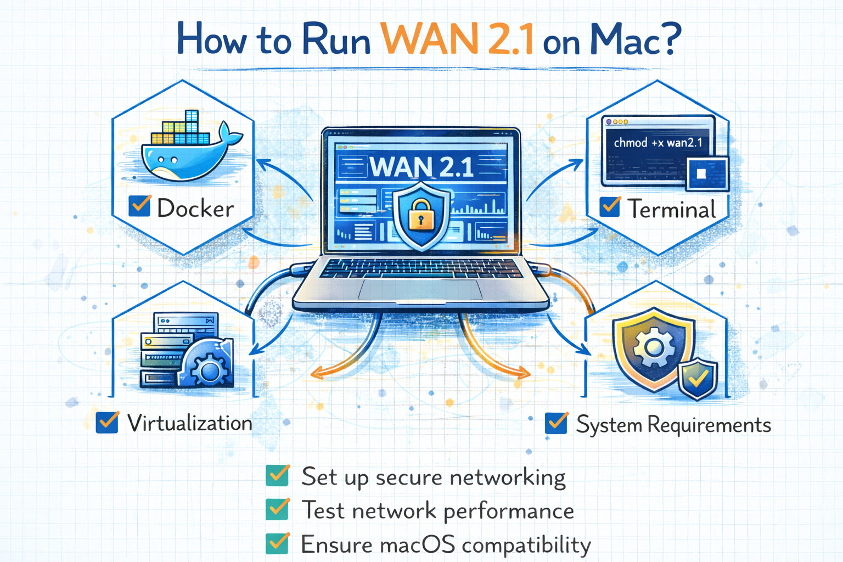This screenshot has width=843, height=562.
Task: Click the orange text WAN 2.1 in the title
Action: click(457, 40)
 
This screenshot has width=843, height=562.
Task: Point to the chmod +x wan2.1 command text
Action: click(657, 143)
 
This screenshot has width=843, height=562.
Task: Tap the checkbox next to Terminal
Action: click(610, 207)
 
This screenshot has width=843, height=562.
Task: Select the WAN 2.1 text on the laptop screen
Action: click(421, 167)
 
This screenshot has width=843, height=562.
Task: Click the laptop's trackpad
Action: click(420, 289)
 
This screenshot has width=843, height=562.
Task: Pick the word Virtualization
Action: click(189, 423)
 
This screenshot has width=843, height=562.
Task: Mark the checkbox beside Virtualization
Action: click(107, 423)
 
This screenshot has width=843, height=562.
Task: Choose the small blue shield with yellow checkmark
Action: click(698, 378)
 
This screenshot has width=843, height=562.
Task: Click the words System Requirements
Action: click(673, 425)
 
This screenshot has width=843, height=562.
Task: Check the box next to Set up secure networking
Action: click(278, 476)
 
